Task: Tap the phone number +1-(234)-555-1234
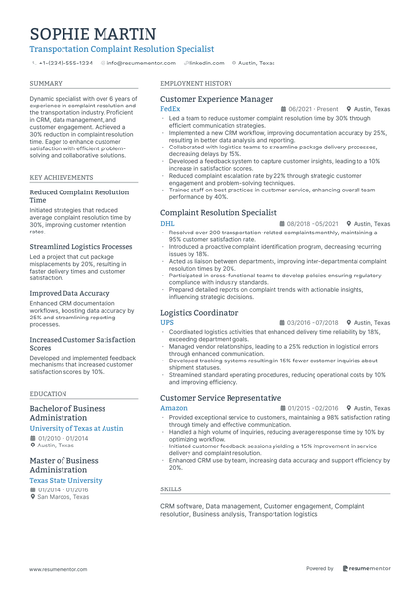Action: click(65, 63)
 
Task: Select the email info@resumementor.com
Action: click(141, 63)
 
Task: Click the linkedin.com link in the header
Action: click(206, 63)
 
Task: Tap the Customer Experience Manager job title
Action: click(216, 100)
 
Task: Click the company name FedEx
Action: click(169, 110)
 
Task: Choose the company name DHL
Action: click(167, 224)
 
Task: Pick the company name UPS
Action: click(166, 323)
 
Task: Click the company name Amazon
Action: click(173, 408)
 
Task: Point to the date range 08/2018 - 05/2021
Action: click(313, 224)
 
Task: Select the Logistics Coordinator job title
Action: click(199, 313)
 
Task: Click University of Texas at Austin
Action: click(77, 429)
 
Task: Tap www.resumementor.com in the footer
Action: click(58, 568)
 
